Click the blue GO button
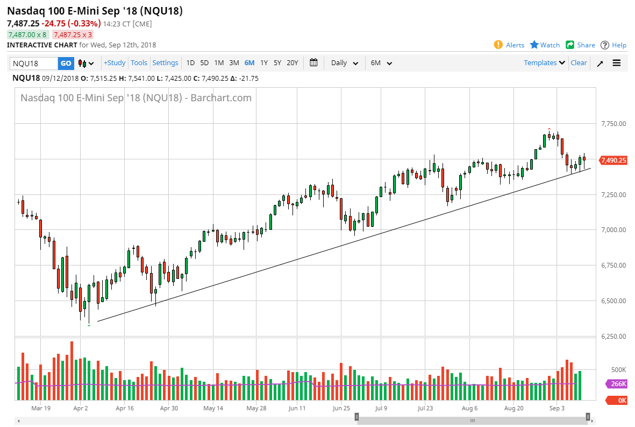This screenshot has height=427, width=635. point(66,63)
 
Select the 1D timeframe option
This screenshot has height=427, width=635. point(190,63)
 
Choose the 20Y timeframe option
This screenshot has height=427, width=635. point(292,63)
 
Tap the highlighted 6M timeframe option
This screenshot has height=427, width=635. point(249,63)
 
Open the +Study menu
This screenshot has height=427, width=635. point(115,63)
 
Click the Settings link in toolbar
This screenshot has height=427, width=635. point(165,63)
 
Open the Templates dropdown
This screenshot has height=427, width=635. point(544,63)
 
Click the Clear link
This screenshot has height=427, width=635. point(579,63)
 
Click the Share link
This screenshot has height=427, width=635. point(586,45)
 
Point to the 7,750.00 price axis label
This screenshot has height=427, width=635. point(613,124)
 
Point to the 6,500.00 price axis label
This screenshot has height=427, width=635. point(613,301)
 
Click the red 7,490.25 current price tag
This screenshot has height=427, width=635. point(613,160)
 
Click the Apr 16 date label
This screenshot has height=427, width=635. point(125,408)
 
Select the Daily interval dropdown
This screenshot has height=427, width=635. point(345,63)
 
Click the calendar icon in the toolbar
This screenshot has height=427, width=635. point(314,63)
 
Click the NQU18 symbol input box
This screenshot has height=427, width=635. point(33,63)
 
